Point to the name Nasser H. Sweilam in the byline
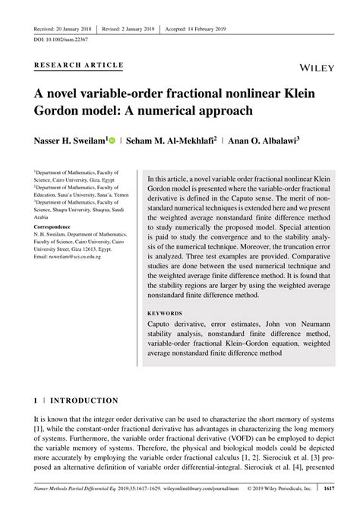pyautogui.click(x=70, y=141)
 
